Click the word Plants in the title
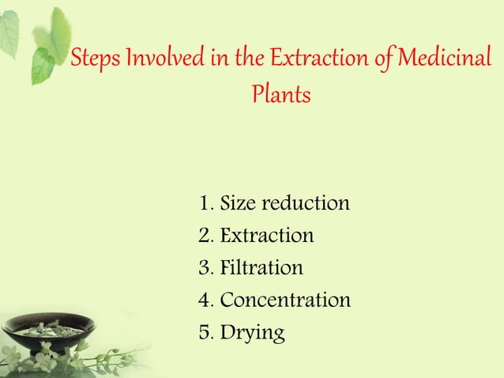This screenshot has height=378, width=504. (280, 95)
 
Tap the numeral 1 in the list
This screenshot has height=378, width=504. (205, 203)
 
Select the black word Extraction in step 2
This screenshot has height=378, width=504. (266, 236)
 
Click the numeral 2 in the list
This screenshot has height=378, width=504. (205, 236)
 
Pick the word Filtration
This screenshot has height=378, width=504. (261, 268)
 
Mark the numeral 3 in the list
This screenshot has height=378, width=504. (205, 268)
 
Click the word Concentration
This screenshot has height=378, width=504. (285, 301)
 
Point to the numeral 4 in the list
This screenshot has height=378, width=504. (205, 301)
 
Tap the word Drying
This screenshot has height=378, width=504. (252, 334)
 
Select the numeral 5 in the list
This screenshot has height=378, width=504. (205, 333)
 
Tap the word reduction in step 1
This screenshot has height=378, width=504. (304, 203)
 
